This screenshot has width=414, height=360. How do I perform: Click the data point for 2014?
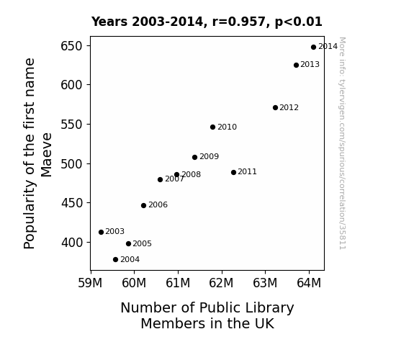[313, 48]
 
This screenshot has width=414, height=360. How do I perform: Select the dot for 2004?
[115, 260]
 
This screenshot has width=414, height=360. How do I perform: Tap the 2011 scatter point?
[233, 173]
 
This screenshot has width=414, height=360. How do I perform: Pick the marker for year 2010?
[213, 127]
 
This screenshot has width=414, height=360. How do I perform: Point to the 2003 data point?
[101, 232]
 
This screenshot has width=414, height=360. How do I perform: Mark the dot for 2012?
[275, 107]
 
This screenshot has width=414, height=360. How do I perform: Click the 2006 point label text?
[158, 205]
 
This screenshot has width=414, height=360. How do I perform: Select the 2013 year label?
[310, 65]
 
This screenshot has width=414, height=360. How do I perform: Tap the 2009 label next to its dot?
[209, 157]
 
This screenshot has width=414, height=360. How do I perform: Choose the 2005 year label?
[142, 243]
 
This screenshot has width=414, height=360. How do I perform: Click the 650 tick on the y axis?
[72, 46]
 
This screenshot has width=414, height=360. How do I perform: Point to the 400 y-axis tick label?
[72, 243]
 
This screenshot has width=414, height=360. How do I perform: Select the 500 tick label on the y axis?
[72, 164]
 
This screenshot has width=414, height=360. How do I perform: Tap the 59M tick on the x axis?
[90, 283]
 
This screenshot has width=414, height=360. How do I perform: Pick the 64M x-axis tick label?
[309, 283]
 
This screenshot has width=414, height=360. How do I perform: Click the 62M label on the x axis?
[221, 283]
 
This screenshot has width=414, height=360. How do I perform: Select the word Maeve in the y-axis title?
[47, 155]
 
